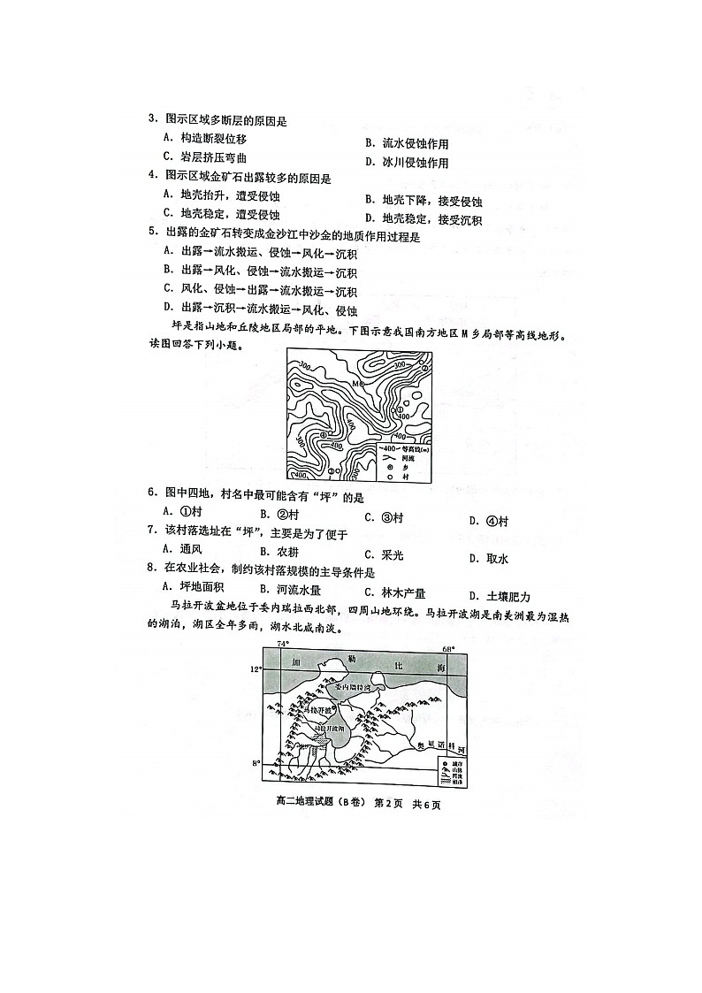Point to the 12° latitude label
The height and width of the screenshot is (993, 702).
click(256, 669)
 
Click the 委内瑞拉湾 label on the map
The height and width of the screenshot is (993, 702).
click(347, 687)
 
